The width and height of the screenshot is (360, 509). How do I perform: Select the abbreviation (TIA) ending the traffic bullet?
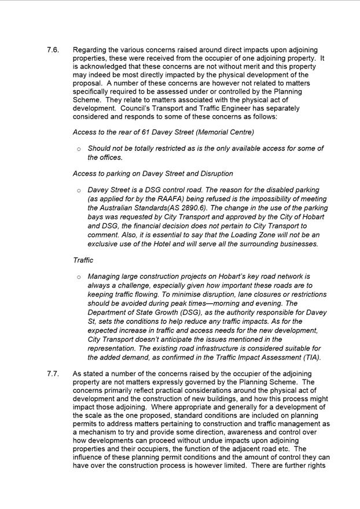[311, 357]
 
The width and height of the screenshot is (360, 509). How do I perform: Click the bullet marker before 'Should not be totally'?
[79, 149]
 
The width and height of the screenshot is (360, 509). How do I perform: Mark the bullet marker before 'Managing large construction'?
[79, 278]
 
